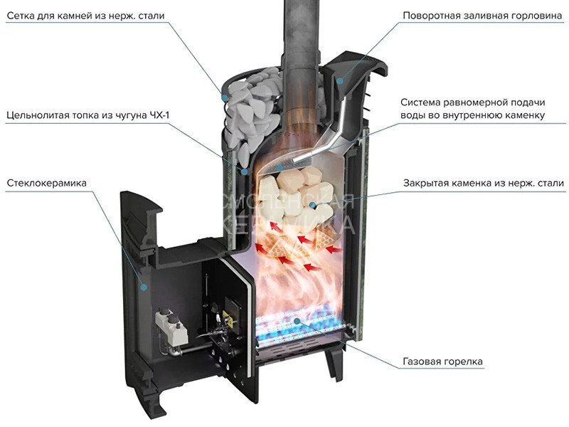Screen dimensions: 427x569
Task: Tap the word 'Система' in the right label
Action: point(422,102)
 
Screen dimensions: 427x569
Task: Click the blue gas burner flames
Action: point(299,327)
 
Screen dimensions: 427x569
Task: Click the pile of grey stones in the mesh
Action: point(249,107)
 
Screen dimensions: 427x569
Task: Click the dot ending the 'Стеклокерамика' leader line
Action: point(144,287)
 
